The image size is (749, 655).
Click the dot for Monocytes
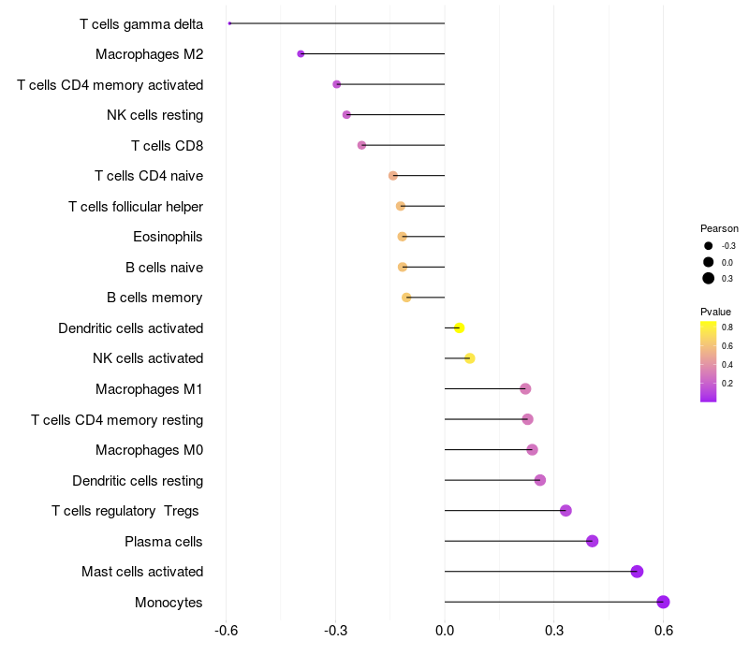pyautogui.click(x=663, y=602)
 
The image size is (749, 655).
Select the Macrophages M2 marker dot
pyautogui.click(x=301, y=54)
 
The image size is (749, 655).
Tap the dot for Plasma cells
pyautogui.click(x=592, y=541)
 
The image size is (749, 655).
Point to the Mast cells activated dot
pyautogui.click(x=637, y=572)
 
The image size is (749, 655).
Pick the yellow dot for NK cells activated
pyautogui.click(x=470, y=358)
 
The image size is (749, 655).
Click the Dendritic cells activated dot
pyautogui.click(x=459, y=327)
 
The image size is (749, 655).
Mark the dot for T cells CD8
pyautogui.click(x=361, y=145)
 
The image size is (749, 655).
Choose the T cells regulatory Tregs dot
pyautogui.click(x=565, y=510)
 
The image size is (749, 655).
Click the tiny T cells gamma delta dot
pyautogui.click(x=229, y=23)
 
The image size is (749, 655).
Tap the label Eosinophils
pyautogui.click(x=168, y=237)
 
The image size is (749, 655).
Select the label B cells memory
pyautogui.click(x=154, y=298)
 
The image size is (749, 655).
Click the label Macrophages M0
pyautogui.click(x=149, y=450)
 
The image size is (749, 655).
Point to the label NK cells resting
pyautogui.click(x=154, y=115)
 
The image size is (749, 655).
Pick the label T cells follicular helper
pyautogui.click(x=136, y=206)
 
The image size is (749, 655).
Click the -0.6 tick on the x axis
pyautogui.click(x=226, y=630)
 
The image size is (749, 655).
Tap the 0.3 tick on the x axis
pyautogui.click(x=554, y=630)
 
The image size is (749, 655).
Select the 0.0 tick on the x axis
pyautogui.click(x=445, y=630)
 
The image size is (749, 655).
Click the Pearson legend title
pyautogui.click(x=719, y=228)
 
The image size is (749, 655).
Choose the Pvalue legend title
pyautogui.click(x=715, y=312)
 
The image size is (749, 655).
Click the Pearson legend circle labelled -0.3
pyautogui.click(x=709, y=246)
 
